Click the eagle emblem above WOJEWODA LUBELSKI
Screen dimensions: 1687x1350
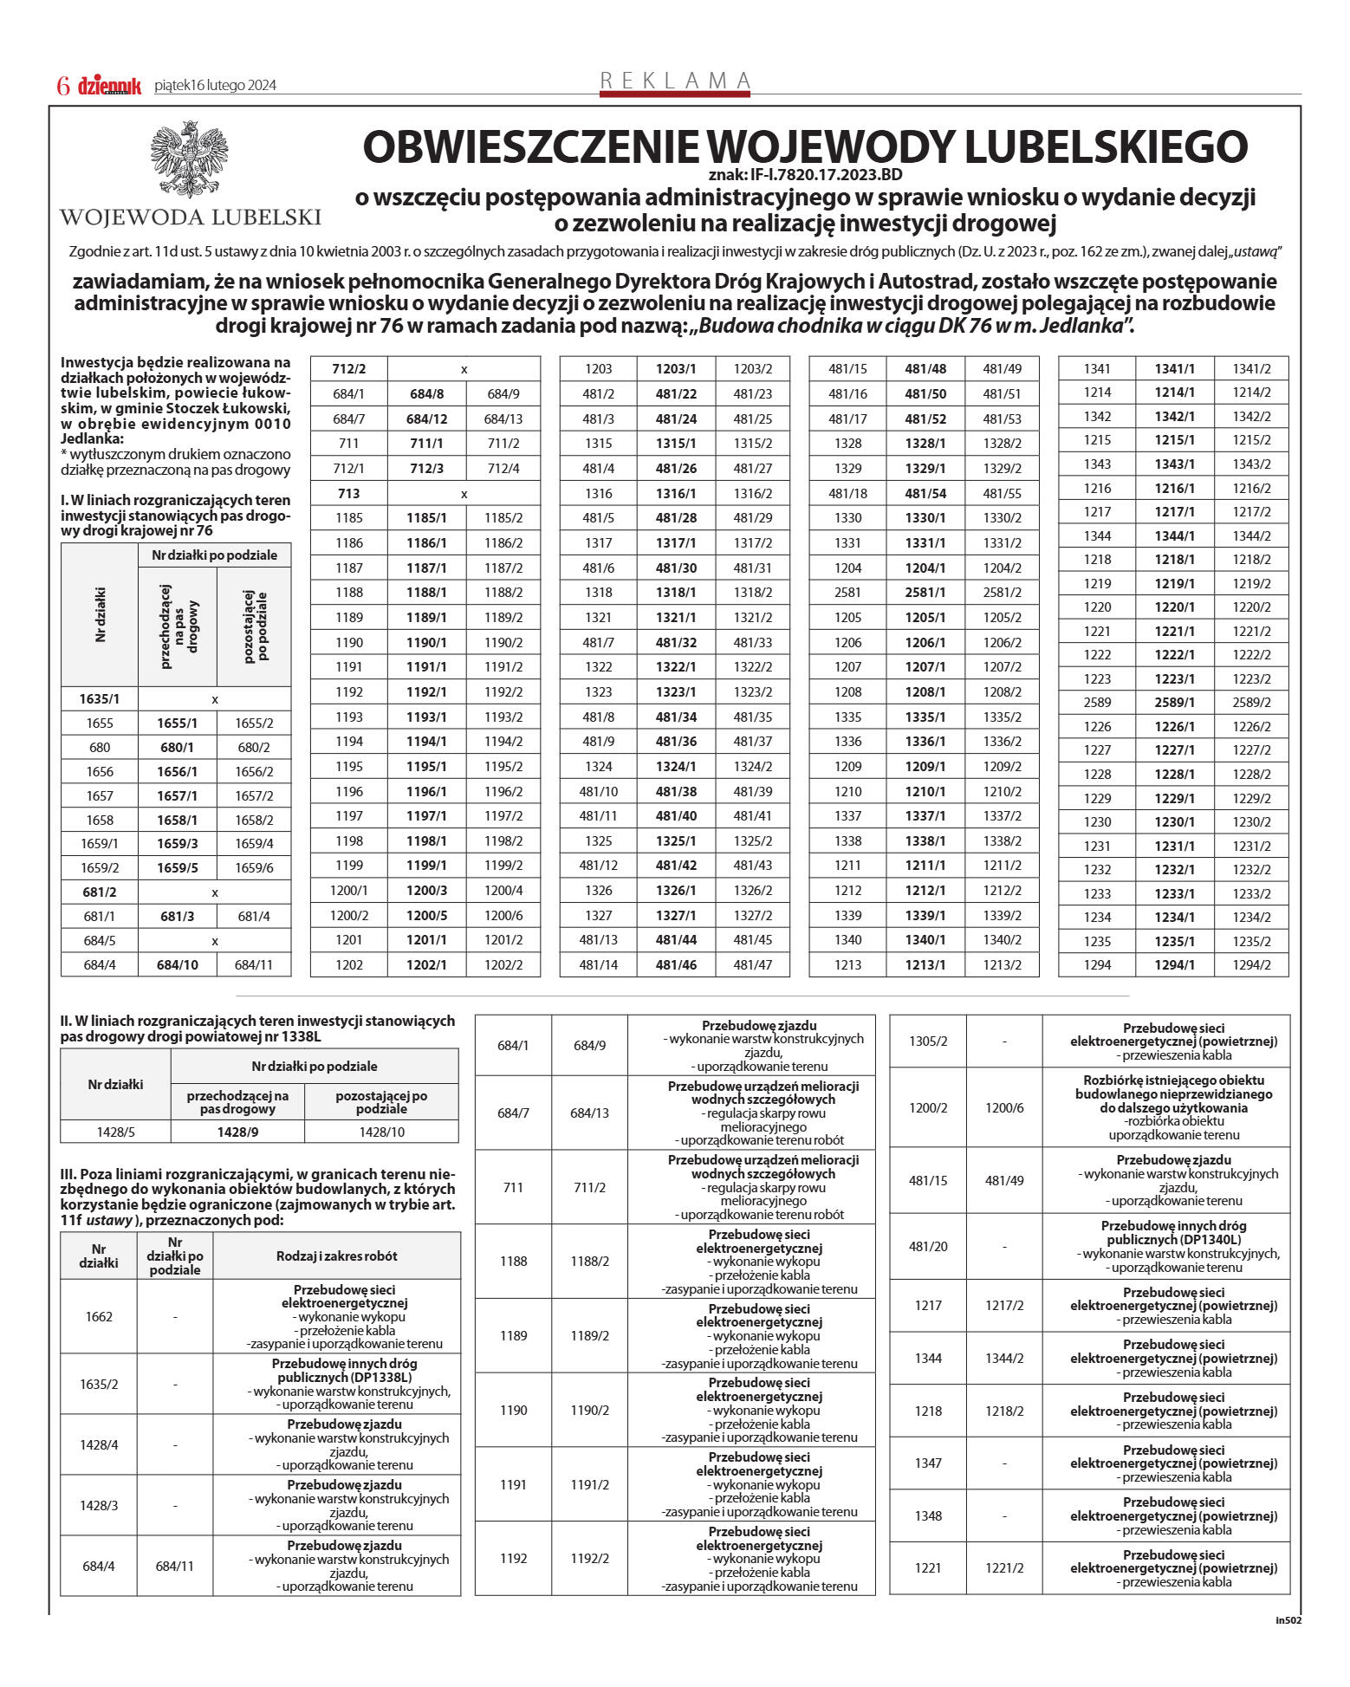click(190, 161)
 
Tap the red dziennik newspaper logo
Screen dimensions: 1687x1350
click(109, 86)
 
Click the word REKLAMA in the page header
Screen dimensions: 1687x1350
click(675, 81)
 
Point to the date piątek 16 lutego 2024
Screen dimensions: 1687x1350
click(215, 86)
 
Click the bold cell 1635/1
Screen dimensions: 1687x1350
click(100, 698)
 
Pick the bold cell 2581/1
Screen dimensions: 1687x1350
click(925, 593)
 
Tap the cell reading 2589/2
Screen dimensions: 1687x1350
click(1251, 703)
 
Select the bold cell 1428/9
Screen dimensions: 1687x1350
click(237, 1132)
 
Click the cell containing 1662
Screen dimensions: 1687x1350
click(99, 1316)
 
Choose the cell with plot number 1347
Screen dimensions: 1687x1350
click(928, 1463)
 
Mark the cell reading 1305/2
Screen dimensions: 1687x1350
click(928, 1041)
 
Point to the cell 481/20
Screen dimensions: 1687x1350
click(928, 1246)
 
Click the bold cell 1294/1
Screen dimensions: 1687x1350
click(1174, 964)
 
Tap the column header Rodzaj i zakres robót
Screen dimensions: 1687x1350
click(336, 1256)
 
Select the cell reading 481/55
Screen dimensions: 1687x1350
click(1002, 493)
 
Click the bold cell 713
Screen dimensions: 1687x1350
click(348, 493)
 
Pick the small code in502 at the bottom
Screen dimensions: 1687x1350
click(1288, 1620)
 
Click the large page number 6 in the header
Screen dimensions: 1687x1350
click(62, 86)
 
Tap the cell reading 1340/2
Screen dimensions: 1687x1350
click(1002, 939)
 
